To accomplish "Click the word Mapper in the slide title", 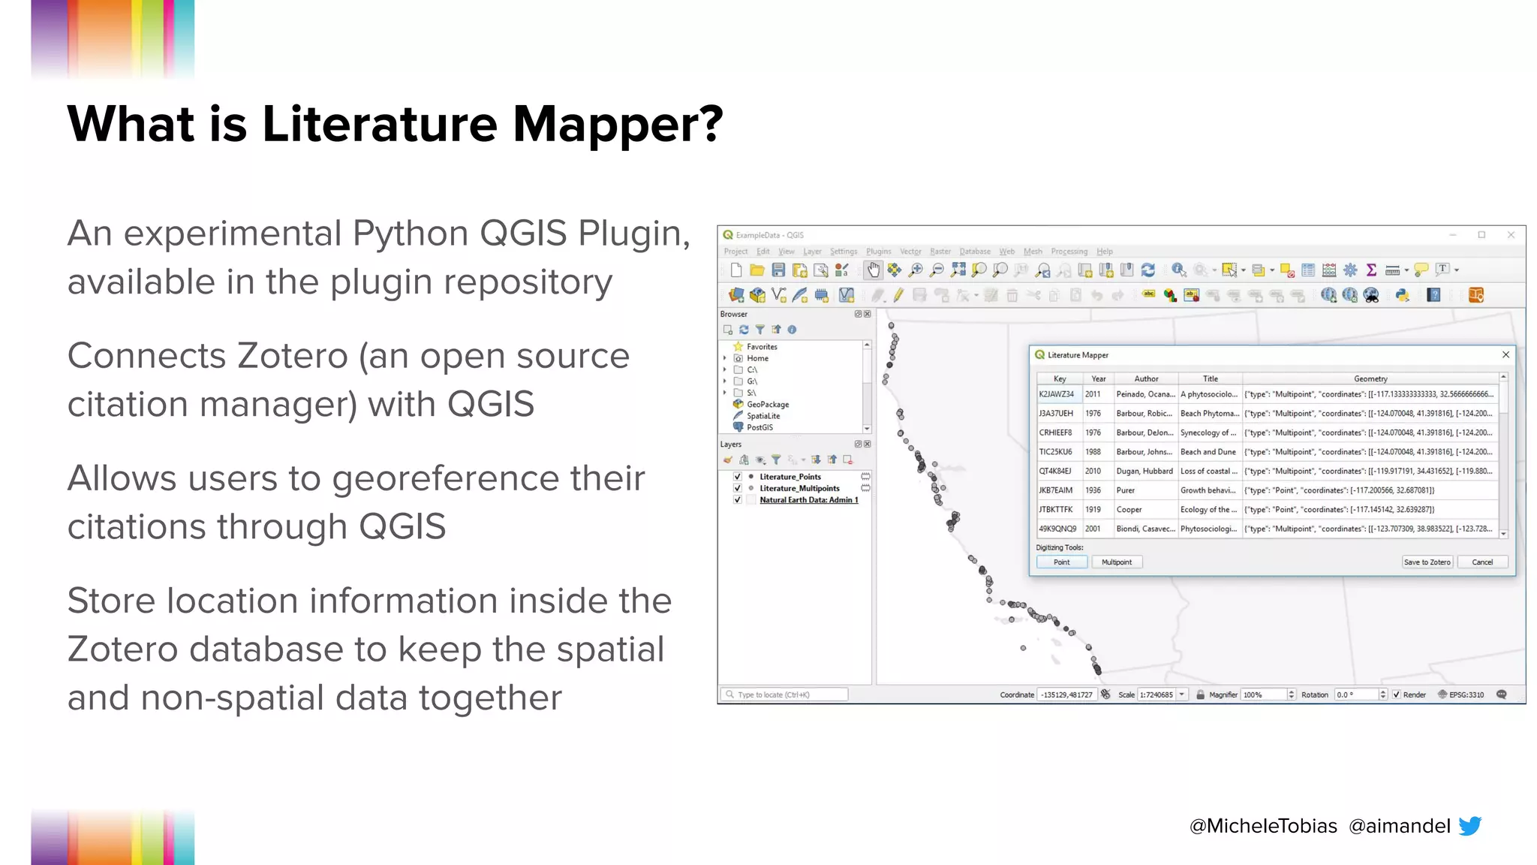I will click(617, 124).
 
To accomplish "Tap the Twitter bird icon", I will click(1469, 826).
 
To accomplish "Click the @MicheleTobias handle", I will click(1263, 826).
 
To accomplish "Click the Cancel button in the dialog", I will click(1481, 562).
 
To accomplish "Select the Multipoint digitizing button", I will click(1116, 562).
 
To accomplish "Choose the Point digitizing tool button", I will click(1061, 562).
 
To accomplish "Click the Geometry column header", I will click(1370, 379).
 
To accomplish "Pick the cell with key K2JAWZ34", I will click(1056, 394).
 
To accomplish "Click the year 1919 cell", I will click(1093, 510).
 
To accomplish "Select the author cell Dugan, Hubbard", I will click(1144, 472).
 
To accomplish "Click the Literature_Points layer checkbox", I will click(738, 477).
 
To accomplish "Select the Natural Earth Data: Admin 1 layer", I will click(808, 500).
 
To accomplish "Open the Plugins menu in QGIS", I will click(878, 252).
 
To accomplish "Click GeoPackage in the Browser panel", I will click(767, 405).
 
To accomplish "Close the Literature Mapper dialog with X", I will click(1505, 355).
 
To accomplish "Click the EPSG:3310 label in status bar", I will click(1466, 695).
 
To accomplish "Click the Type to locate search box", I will click(784, 695).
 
